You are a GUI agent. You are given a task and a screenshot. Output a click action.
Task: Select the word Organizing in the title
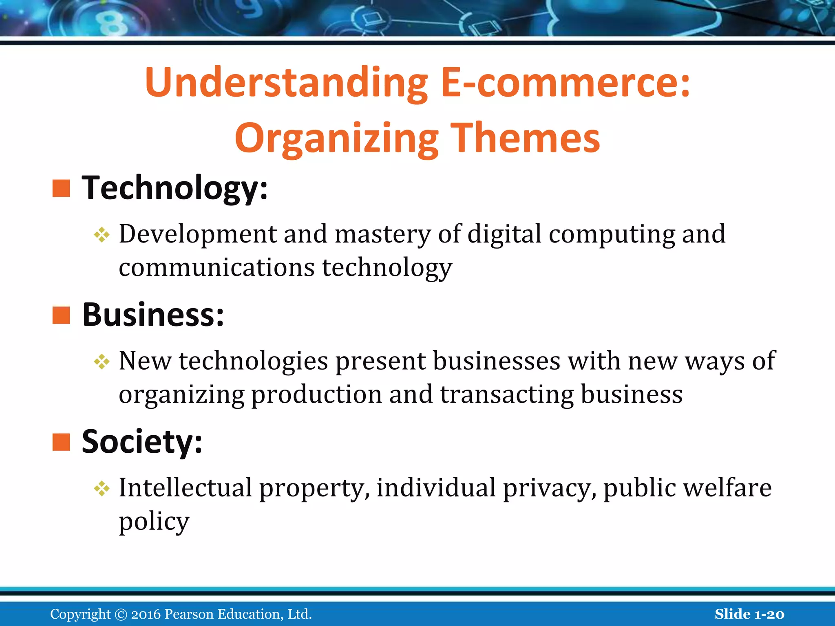click(337, 139)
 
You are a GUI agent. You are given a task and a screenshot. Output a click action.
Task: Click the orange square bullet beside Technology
click(61, 188)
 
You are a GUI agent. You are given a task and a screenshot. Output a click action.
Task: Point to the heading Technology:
click(175, 188)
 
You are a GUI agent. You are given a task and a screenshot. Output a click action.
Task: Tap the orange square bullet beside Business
click(61, 315)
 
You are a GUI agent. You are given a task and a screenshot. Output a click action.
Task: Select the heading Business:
click(153, 315)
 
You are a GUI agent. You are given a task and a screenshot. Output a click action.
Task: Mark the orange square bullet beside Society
click(61, 442)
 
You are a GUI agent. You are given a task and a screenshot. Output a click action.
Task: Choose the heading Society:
click(142, 442)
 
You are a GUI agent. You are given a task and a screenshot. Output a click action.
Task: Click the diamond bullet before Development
click(102, 235)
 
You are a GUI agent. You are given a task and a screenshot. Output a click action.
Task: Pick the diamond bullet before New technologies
click(102, 361)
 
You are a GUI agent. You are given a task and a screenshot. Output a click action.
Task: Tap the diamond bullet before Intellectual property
click(102, 488)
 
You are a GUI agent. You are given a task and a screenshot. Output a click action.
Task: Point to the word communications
click(216, 268)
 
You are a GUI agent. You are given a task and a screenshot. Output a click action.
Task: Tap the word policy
click(154, 522)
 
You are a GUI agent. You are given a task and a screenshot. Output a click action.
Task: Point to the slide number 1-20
click(769, 614)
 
